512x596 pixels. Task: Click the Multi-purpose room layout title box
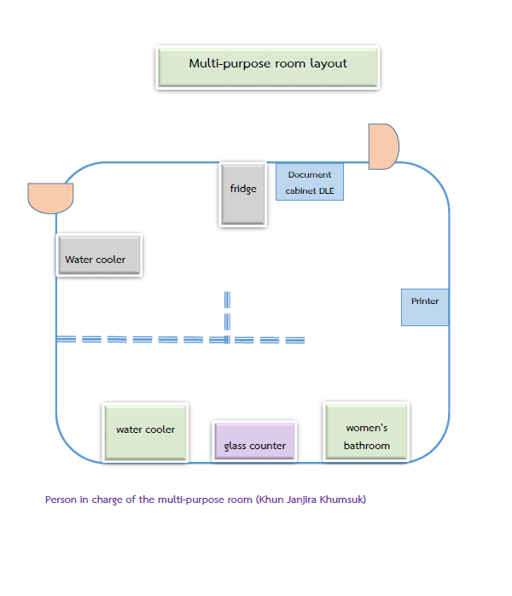268,67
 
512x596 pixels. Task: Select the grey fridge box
243,194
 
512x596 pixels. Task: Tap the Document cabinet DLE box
310,182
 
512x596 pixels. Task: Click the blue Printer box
425,307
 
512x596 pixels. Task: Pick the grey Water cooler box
99,255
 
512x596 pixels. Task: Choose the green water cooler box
145,432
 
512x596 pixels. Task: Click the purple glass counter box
255,441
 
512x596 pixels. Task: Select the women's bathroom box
367,432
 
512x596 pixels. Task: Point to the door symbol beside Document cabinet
383,147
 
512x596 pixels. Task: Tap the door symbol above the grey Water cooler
50,197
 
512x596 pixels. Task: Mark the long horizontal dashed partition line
180,340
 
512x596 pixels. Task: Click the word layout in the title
329,63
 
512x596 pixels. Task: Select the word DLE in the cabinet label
326,191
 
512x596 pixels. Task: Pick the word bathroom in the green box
367,446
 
